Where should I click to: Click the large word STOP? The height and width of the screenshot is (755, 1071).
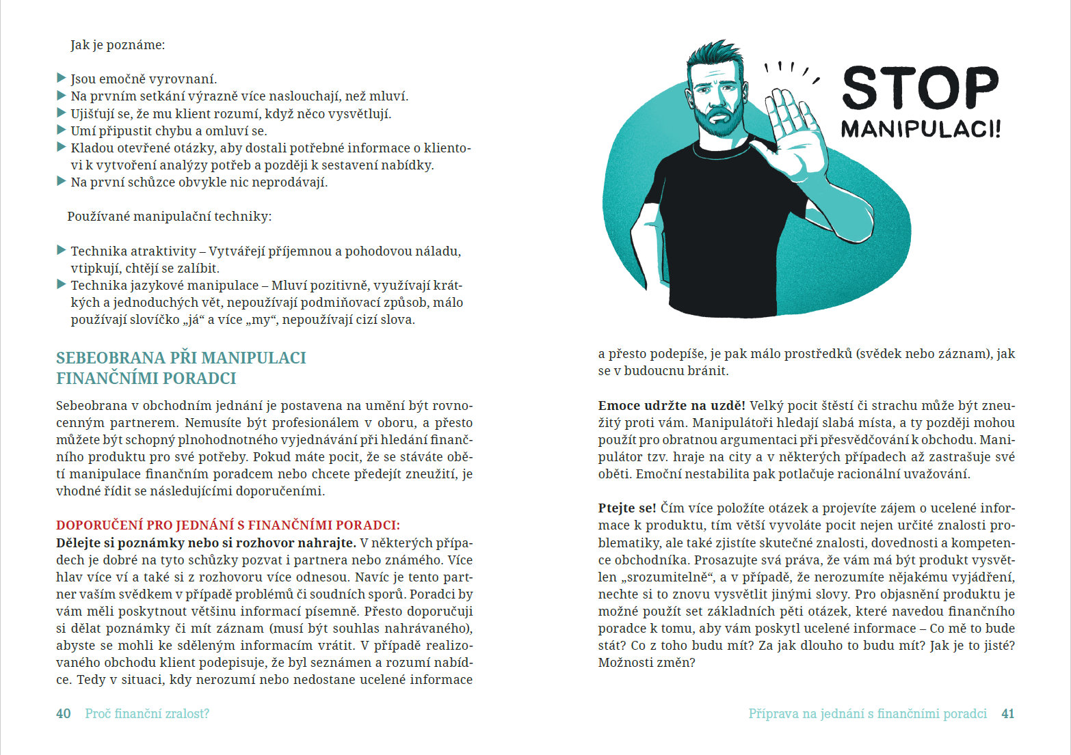pyautogui.click(x=920, y=87)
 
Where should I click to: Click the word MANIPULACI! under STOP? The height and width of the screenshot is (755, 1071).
pyautogui.click(x=920, y=128)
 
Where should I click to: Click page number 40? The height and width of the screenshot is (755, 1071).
pyautogui.click(x=64, y=714)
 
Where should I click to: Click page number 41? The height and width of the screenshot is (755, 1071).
pyautogui.click(x=1007, y=714)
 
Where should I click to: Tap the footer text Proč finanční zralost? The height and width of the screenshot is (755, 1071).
pyautogui.click(x=147, y=714)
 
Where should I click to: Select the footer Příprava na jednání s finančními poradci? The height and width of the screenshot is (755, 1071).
pyautogui.click(x=867, y=714)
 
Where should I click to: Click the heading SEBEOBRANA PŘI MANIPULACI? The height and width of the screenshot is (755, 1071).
pyautogui.click(x=181, y=358)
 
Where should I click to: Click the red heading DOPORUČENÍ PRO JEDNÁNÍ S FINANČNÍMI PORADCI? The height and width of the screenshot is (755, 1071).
pyautogui.click(x=228, y=525)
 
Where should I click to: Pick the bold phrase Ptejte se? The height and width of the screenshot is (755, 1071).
pyautogui.click(x=626, y=508)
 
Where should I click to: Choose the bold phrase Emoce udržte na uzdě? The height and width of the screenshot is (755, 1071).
pyautogui.click(x=671, y=406)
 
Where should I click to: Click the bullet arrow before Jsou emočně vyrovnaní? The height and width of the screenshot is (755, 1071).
pyautogui.click(x=62, y=79)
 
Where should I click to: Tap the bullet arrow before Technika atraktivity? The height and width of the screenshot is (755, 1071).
pyautogui.click(x=62, y=251)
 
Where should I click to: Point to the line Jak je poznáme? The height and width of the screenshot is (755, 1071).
pyautogui.click(x=118, y=45)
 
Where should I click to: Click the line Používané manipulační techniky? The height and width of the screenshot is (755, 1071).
pyautogui.click(x=169, y=217)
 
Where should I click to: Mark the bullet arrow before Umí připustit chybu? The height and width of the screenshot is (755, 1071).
pyautogui.click(x=62, y=130)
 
